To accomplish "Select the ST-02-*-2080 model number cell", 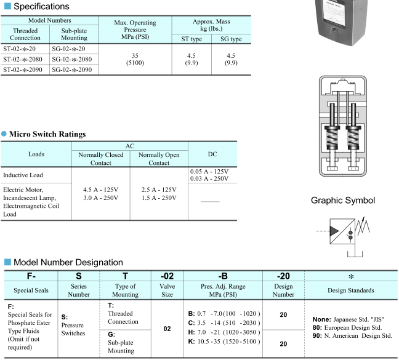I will point(26,59).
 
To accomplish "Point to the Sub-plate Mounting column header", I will point(74,34).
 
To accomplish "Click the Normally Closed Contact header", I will point(100,159).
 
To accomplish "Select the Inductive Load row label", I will point(23,175).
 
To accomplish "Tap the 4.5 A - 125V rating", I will point(101,190).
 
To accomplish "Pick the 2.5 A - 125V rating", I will point(159,190).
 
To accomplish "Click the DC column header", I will point(212,154).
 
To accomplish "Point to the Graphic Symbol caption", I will point(342,200).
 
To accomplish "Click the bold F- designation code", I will point(30,276).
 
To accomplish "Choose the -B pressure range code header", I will point(223,276).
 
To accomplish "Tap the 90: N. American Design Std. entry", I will point(352,336).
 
